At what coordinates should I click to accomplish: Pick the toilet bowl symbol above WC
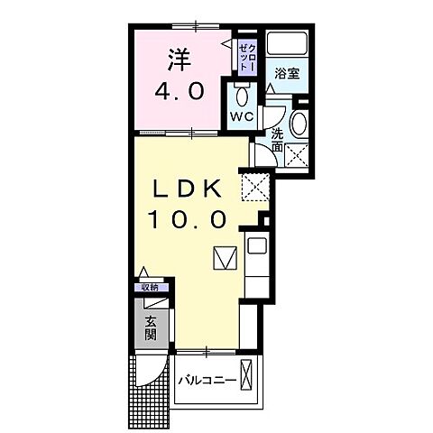pyautogui.click(x=239, y=96)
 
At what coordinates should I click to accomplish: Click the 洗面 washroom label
pyautogui.click(x=278, y=140)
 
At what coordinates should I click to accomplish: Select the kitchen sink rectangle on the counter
pyautogui.click(x=254, y=246)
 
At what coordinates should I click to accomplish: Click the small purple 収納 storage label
pyautogui.click(x=149, y=287)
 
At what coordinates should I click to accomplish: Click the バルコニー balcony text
pyautogui.click(x=207, y=381)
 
